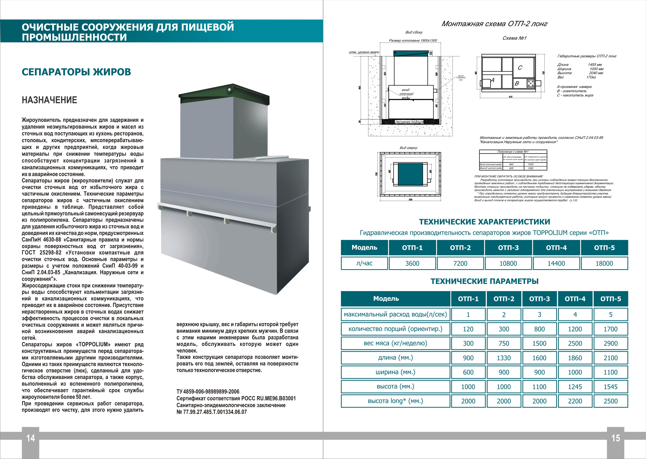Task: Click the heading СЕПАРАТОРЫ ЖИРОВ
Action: (x=76, y=72)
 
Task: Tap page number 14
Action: (x=31, y=438)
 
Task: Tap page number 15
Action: (x=615, y=438)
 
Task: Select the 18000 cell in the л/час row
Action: (x=604, y=263)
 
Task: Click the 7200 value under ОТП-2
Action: (x=460, y=263)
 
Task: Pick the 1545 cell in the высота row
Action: (x=610, y=387)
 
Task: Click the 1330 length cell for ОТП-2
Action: (x=504, y=358)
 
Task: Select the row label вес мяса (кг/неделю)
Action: (x=395, y=343)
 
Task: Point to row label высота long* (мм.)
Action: (x=395, y=401)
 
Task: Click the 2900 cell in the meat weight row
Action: (x=610, y=343)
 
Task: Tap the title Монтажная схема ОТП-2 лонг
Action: (x=494, y=24)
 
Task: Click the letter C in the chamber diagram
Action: (x=520, y=68)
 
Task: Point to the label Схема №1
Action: (x=514, y=38)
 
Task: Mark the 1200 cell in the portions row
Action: (x=575, y=329)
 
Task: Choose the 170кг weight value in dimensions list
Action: (x=591, y=77)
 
